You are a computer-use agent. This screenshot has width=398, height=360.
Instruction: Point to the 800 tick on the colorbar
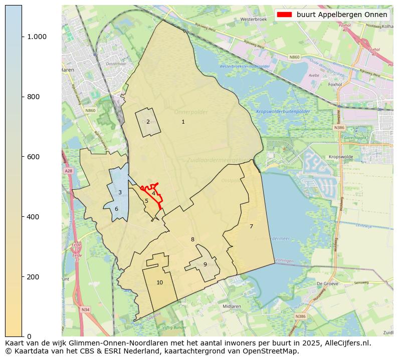point(33,97)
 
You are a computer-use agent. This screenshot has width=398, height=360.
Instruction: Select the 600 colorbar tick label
point(33,157)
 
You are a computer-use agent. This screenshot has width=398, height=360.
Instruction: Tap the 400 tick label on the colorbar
point(33,217)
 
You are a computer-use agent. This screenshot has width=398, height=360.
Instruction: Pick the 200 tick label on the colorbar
point(33,277)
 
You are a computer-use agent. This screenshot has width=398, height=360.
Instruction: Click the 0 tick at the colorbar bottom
point(29,336)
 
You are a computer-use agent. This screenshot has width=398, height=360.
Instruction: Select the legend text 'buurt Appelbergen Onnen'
point(341,15)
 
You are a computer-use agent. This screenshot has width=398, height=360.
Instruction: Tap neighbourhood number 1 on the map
point(183,122)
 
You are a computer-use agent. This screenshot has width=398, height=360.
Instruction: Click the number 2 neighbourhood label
point(148,122)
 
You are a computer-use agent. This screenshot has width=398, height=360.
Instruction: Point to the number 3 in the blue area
point(120,192)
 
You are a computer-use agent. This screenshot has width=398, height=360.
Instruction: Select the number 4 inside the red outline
point(153,193)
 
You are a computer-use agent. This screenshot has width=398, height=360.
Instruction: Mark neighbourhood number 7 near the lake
point(251,226)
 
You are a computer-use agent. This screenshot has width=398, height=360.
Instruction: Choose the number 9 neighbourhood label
point(205,264)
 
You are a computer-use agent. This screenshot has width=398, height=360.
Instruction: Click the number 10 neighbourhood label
point(159,282)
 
